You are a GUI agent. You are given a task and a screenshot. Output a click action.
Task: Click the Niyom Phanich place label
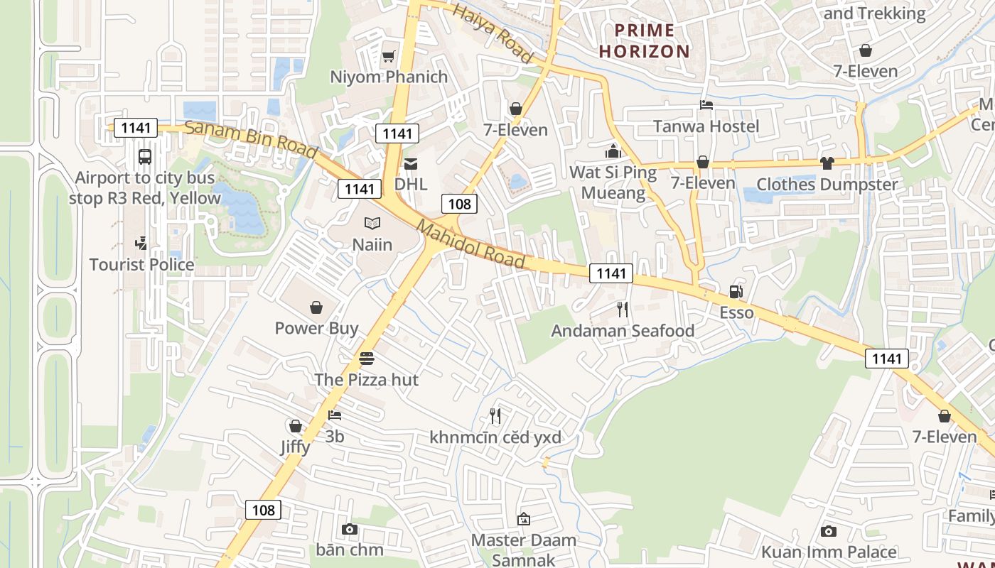click(x=389, y=77)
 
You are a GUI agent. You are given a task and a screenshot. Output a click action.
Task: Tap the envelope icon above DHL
click(x=411, y=164)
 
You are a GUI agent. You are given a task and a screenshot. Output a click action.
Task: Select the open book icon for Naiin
click(x=372, y=224)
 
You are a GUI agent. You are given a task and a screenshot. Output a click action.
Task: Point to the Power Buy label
click(x=316, y=328)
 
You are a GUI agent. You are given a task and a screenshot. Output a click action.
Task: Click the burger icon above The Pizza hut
click(x=367, y=359)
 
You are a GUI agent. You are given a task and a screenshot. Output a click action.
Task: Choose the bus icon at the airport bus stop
click(x=145, y=156)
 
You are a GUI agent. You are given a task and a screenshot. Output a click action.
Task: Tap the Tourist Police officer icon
click(x=141, y=244)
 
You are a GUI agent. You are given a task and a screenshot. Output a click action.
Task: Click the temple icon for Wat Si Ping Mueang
click(x=613, y=151)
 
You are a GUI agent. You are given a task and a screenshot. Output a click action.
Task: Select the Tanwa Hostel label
click(x=706, y=126)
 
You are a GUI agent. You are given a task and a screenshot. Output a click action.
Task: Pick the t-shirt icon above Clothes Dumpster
click(x=827, y=163)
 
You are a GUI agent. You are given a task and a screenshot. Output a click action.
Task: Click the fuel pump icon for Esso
click(x=736, y=292)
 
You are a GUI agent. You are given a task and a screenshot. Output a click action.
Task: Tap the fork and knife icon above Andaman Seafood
click(x=623, y=310)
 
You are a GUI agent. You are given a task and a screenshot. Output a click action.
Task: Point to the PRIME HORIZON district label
click(x=645, y=40)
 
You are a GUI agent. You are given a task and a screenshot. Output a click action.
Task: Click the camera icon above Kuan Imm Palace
click(x=828, y=531)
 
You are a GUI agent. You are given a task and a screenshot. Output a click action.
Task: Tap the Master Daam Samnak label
click(x=524, y=549)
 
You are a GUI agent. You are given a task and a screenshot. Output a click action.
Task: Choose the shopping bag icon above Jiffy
click(x=295, y=426)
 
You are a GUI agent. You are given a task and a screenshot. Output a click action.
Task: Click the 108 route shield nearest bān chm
click(x=263, y=510)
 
